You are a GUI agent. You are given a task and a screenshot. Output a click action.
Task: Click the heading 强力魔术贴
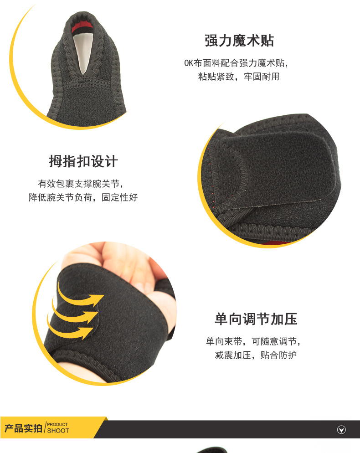coord(239,41)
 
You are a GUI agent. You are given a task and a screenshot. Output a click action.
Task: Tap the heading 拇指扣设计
coord(83,161)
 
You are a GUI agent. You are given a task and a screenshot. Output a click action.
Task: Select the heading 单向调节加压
coord(256,319)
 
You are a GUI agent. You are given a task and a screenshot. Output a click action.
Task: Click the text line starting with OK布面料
coord(237,63)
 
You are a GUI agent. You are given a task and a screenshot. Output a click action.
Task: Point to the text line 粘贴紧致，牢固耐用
coord(239,77)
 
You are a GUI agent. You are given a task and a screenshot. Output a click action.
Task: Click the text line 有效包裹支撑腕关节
coord(81,184)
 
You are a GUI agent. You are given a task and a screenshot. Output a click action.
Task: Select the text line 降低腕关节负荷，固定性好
coord(83,197)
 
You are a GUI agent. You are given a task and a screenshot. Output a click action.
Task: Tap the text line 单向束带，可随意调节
coord(253,341)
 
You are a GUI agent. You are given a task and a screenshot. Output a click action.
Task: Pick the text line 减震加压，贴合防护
coord(256,355)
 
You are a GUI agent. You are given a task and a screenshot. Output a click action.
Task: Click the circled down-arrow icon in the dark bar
coord(341,430)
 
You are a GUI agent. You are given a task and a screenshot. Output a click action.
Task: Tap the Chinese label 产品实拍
coord(23,428)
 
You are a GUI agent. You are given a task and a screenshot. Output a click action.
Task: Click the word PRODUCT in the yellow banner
coord(57,424)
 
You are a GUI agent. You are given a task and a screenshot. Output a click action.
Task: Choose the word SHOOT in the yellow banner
coord(58,431)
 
